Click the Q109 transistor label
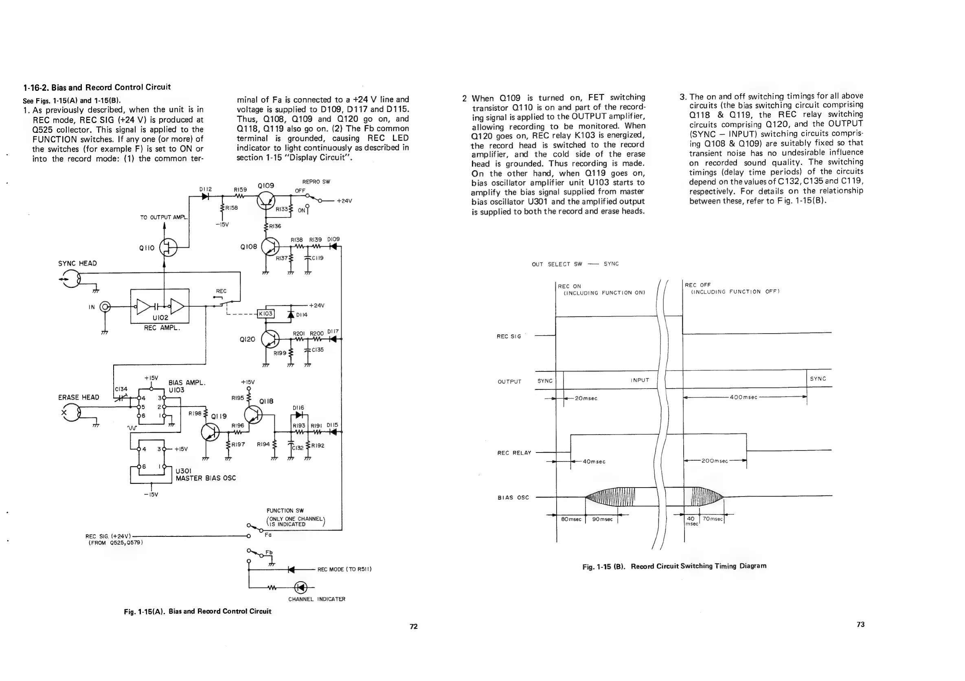point(265,185)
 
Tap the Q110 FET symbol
point(169,247)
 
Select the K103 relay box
point(265,314)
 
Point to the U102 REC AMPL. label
point(161,323)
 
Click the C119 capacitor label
point(317,258)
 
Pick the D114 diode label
point(302,315)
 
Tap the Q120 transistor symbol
point(270,339)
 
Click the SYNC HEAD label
point(77,264)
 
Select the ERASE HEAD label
point(79,397)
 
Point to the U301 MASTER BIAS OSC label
point(206,475)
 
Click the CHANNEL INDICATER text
point(316,599)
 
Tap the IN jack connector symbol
point(105,307)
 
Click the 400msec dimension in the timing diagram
point(743,397)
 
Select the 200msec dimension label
point(715,461)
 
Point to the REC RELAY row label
point(514,453)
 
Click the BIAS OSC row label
point(513,498)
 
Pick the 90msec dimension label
point(602,519)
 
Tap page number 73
point(860,624)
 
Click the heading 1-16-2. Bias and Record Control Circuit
point(96,88)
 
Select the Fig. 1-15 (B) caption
point(674,566)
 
